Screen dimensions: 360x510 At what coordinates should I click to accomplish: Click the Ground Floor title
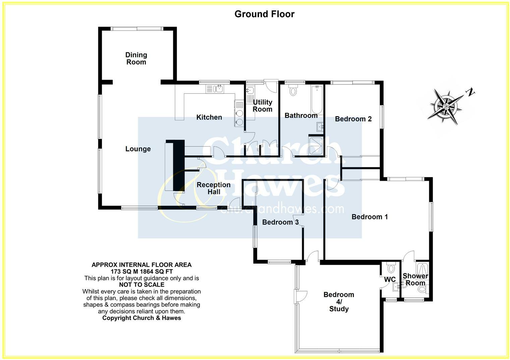(x=264, y=14)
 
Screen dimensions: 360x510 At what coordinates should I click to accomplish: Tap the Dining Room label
(x=136, y=58)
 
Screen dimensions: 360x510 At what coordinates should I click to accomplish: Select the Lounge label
(x=138, y=149)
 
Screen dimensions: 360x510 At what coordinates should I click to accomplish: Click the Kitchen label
(x=209, y=117)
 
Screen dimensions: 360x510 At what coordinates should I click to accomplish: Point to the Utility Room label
(x=263, y=106)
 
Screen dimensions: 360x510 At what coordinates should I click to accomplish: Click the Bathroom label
(x=301, y=115)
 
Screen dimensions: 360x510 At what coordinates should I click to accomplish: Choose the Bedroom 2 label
(x=353, y=119)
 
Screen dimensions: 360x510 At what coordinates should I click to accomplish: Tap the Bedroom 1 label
(x=370, y=217)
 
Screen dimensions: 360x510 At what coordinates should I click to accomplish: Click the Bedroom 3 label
(x=280, y=222)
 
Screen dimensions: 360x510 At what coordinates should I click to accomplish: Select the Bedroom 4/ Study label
(x=339, y=302)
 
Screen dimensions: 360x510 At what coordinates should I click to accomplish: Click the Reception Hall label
(x=214, y=188)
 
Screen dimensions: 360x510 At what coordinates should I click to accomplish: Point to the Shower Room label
(x=415, y=279)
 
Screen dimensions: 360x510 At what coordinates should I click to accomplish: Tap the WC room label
(x=390, y=279)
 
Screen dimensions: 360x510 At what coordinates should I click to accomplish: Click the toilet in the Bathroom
(x=293, y=90)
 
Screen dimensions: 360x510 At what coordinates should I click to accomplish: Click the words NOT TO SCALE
(x=141, y=285)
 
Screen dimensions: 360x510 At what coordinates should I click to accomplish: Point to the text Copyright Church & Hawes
(x=141, y=318)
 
